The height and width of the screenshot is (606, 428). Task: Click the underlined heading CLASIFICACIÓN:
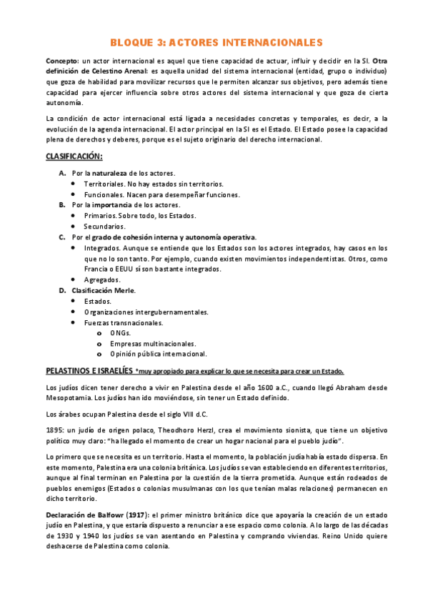click(x=74, y=156)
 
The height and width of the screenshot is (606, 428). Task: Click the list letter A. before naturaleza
click(x=63, y=174)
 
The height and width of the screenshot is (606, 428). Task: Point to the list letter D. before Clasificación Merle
click(x=63, y=290)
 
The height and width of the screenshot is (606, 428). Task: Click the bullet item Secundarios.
click(x=105, y=227)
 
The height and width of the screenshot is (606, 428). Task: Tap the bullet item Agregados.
click(x=102, y=279)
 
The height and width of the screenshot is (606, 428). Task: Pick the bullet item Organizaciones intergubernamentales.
click(x=146, y=312)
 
